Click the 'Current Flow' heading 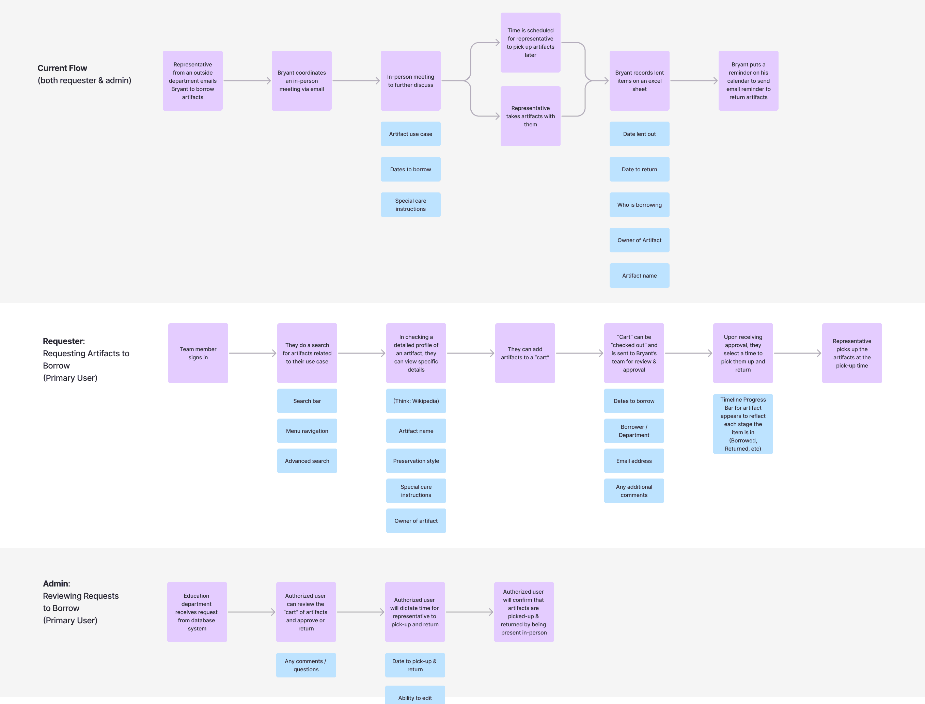pos(62,68)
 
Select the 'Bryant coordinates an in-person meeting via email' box pos(302,81)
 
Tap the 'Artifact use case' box pos(410,134)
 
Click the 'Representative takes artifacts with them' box pos(530,116)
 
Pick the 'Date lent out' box pos(639,134)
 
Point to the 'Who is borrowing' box pos(639,205)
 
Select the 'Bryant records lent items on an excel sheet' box pos(639,81)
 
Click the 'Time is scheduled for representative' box pos(530,42)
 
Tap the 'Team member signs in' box pos(198,353)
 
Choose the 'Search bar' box pos(307,401)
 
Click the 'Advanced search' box pos(307,461)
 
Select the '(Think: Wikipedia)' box pos(416,401)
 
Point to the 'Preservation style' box pos(416,461)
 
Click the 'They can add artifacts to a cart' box pos(525,353)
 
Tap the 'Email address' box pos(634,461)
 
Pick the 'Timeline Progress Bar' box pos(743,424)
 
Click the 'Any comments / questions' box pos(306,665)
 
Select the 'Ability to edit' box pos(415,695)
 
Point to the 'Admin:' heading pos(57,584)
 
